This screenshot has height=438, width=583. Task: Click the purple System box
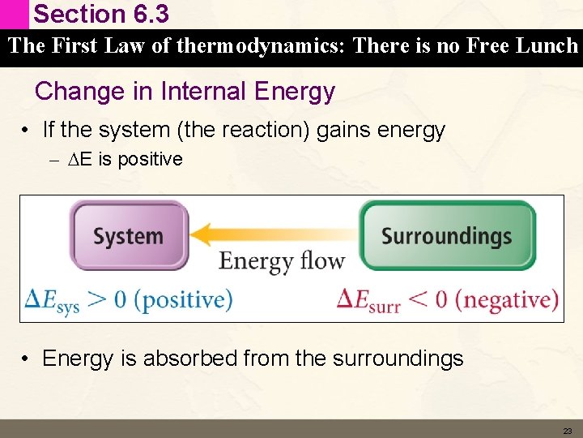tap(128, 235)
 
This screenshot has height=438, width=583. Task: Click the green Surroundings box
tap(447, 235)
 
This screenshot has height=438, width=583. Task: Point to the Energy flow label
tap(282, 261)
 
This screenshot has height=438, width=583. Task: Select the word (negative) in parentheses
tap(507, 299)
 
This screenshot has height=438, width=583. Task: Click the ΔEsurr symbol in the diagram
tap(368, 301)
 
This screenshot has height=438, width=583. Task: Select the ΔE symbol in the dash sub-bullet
tap(83, 160)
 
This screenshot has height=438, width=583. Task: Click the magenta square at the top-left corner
tap(14, 14)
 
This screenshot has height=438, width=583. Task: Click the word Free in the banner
tap(481, 46)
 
